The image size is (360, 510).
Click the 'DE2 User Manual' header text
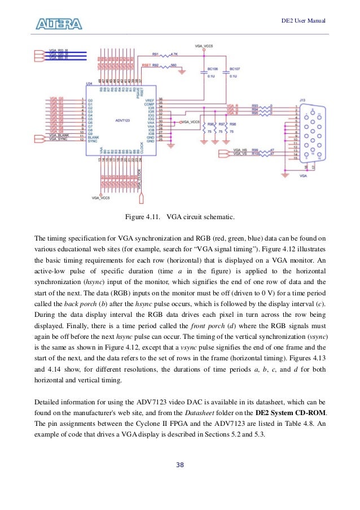(304, 21)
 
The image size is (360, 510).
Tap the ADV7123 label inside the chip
(123, 120)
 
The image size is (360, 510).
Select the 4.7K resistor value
(174, 54)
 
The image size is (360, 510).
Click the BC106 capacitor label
(210, 69)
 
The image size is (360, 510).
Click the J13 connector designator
(303, 99)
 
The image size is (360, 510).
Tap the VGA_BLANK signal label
(59, 136)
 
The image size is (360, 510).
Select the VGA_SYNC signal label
(58, 140)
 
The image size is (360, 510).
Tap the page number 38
(180, 465)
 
